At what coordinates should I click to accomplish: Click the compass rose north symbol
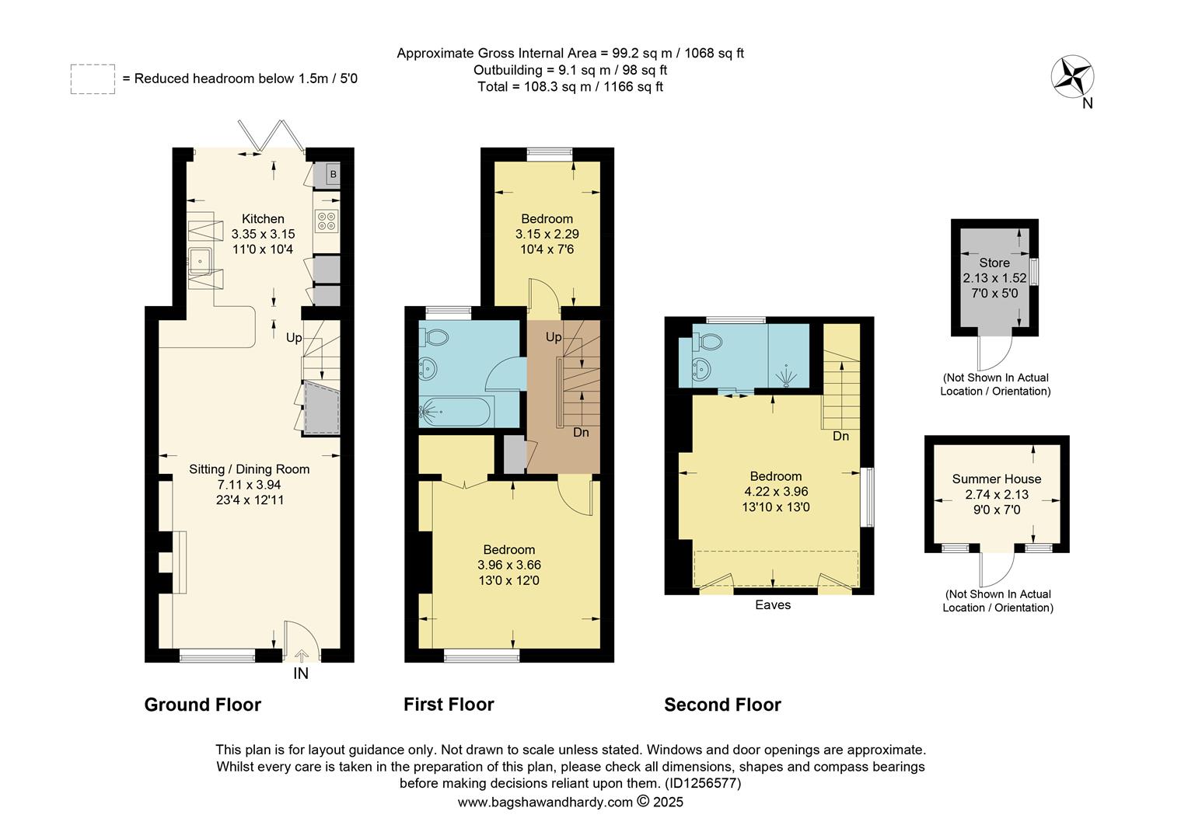(1073, 77)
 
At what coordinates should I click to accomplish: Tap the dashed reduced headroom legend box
(93, 79)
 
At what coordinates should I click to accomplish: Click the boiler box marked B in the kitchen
(332, 175)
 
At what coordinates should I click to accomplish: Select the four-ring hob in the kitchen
(327, 221)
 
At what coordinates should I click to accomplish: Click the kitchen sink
(201, 258)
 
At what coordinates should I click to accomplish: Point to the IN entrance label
(301, 674)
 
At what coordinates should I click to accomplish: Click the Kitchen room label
(263, 219)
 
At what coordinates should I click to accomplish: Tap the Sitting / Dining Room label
(249, 469)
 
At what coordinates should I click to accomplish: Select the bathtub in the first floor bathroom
(456, 412)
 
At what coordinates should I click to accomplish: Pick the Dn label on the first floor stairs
(581, 432)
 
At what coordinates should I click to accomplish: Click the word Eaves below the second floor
(773, 604)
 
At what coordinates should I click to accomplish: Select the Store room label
(994, 263)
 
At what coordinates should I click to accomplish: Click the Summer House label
(996, 479)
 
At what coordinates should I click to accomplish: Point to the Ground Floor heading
(203, 705)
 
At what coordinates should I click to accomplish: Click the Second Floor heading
(722, 705)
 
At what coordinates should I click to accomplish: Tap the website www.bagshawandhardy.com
(544, 802)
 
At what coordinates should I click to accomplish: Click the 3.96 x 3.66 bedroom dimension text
(509, 565)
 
